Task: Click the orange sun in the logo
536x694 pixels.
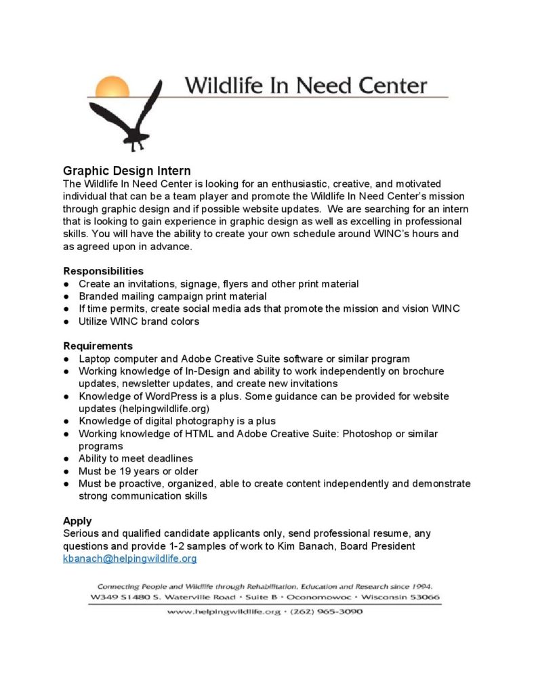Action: pos(112,87)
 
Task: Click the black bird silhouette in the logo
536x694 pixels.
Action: pos(133,118)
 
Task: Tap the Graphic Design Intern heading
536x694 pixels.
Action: pos(127,171)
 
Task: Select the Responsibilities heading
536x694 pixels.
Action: pos(103,271)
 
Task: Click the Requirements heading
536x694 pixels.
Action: pos(98,346)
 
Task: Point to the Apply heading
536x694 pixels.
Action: pos(77,521)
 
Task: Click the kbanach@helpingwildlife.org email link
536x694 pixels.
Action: pos(129,558)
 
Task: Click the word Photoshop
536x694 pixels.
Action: pos(344,434)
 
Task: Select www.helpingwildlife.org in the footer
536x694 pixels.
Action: pos(224,611)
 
